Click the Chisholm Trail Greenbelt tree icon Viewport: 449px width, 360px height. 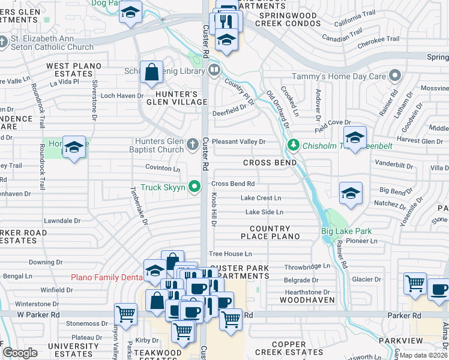point(293,144)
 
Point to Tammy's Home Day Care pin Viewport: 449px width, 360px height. point(394,76)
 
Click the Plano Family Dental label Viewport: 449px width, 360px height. point(107,277)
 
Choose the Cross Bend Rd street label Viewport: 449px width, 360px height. point(233,184)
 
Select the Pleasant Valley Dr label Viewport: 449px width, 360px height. point(238,141)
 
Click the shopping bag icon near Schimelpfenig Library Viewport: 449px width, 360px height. point(152,73)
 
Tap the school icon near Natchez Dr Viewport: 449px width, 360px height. point(351,193)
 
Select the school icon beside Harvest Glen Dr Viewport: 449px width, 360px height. point(355,137)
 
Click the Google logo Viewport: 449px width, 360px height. point(20,353)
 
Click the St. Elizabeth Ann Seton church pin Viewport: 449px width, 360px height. point(5,43)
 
